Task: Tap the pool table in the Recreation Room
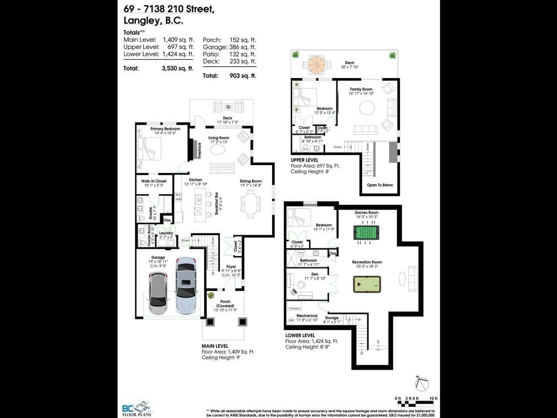[x=367, y=284]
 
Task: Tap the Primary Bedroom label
[x=165, y=129]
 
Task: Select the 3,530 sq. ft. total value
[x=178, y=68]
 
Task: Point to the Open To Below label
[x=380, y=185]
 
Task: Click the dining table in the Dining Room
[x=251, y=204]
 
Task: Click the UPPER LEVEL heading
[x=304, y=160]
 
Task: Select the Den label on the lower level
[x=315, y=274]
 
